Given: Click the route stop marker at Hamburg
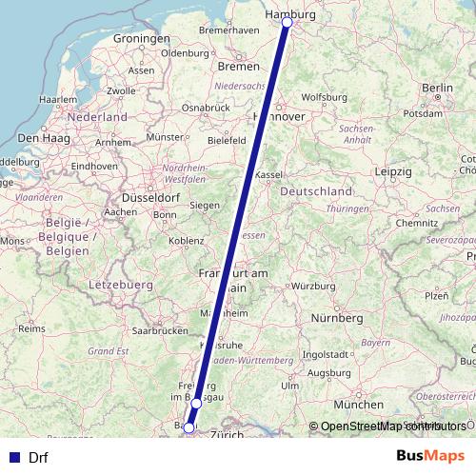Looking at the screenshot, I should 287,22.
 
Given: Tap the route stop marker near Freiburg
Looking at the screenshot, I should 196,404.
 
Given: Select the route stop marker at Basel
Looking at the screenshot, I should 188,428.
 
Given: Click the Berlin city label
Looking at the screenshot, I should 437,88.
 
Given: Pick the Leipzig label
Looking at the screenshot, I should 392,171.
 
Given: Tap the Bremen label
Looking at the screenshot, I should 238,67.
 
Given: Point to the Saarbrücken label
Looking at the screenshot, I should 160,331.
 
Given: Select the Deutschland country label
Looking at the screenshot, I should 315,191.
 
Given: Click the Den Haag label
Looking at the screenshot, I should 39,138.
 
